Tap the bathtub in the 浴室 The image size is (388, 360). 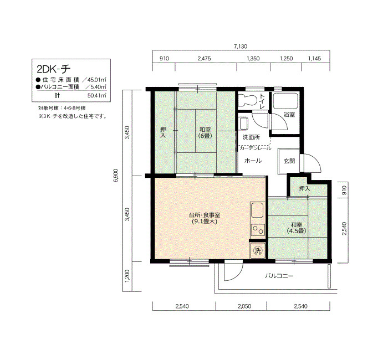coord(285,101)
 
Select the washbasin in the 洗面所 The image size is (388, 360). coord(244,124)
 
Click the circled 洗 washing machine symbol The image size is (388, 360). coord(258,251)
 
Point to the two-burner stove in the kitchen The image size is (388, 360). coord(258,230)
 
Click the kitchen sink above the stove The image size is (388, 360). coord(258,210)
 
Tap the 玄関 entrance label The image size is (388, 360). coord(289,161)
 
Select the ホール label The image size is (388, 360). coord(253,161)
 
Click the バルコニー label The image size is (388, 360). coord(279,276)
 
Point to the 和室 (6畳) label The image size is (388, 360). coord(205,132)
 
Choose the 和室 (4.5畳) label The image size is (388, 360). coord(297,228)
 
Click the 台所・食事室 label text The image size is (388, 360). coord(205,215)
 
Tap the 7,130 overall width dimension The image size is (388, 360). coord(241,46)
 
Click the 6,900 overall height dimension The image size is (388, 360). coord(116,176)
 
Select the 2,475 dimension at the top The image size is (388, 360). coord(205,58)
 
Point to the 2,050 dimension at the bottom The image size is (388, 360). coord(244,306)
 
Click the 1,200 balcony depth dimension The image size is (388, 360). coord(127,276)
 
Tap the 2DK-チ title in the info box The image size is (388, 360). coord(54,69)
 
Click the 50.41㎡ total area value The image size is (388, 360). coord(97,95)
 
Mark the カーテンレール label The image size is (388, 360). coord(255,148)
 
